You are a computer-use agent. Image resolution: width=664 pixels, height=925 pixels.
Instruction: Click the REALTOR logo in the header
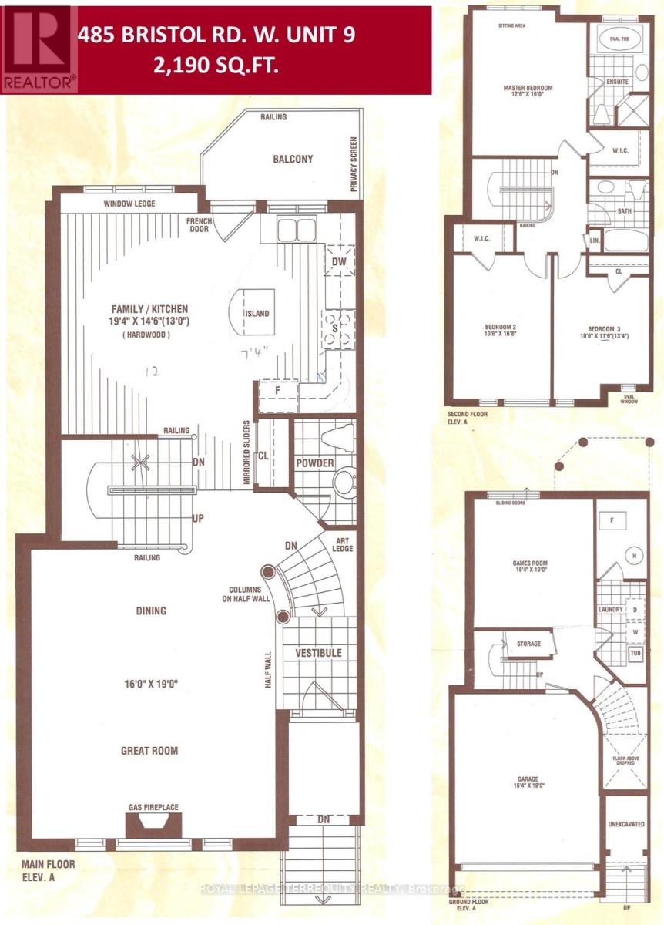point(39,48)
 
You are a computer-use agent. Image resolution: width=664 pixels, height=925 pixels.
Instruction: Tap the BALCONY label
point(293,160)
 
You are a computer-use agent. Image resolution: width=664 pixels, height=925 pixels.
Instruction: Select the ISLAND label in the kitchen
point(257,314)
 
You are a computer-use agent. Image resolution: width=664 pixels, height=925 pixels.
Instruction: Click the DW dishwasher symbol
point(339,261)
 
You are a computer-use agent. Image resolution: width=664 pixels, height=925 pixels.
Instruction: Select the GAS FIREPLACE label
point(153,807)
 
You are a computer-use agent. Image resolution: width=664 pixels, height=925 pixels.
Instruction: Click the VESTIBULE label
point(318,653)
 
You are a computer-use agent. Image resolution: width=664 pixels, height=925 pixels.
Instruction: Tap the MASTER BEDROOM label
point(528,88)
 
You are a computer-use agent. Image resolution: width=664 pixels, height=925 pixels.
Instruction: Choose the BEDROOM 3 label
point(599,328)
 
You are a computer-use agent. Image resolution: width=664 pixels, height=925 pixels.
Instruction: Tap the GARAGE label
point(528,779)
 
